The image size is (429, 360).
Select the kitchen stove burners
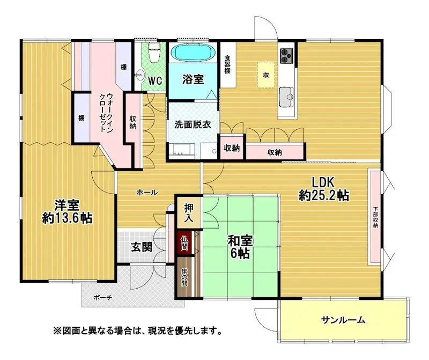click(x=286, y=56)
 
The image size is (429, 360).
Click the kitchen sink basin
click(x=286, y=97)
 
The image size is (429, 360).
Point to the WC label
click(x=155, y=80)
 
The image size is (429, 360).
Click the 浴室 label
click(x=193, y=79)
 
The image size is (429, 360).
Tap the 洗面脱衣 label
click(x=193, y=124)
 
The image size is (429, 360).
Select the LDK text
click(x=324, y=182)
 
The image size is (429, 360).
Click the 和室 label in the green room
click(x=240, y=241)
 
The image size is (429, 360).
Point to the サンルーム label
click(x=343, y=320)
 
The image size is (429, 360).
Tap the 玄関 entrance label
click(x=141, y=248)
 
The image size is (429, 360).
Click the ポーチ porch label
click(x=102, y=298)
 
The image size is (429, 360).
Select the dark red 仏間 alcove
click(x=184, y=244)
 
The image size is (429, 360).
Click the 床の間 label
click(x=184, y=277)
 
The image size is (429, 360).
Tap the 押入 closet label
click(x=189, y=213)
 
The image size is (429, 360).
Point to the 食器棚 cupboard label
click(x=227, y=64)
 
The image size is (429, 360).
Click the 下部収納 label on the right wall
click(x=375, y=217)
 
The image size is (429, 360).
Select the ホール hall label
click(x=147, y=193)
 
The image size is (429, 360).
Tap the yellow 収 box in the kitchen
click(x=265, y=75)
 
